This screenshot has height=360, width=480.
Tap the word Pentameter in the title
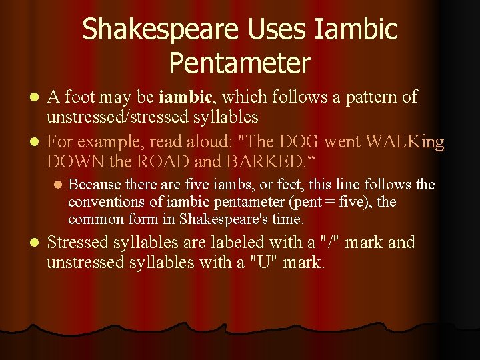coord(240,63)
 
